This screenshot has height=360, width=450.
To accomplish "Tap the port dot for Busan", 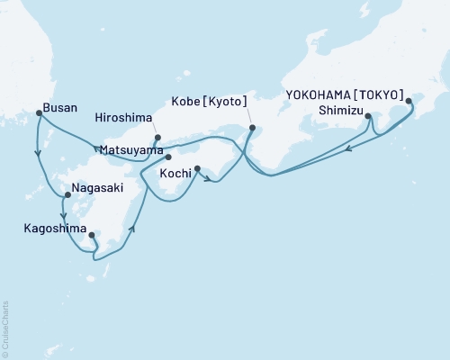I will pos(38,112).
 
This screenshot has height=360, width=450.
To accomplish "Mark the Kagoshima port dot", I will pos(92,236).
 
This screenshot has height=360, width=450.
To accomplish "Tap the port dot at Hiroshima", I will pos(157,138).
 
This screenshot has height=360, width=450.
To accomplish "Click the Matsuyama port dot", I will pos(167,157).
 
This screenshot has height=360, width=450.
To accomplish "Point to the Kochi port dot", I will pos(196,167).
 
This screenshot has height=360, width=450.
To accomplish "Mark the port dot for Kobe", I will pos(251,127).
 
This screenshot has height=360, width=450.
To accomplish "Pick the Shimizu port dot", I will pos(369,115).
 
